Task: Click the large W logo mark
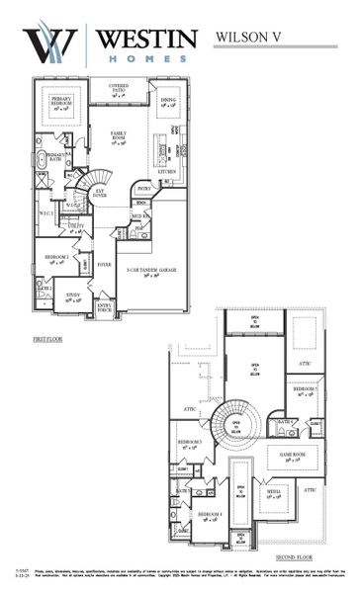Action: [x=50, y=44]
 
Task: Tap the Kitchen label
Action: [x=166, y=171]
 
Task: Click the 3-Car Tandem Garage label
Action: [x=145, y=269]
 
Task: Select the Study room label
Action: [x=72, y=297]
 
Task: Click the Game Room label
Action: [x=292, y=457]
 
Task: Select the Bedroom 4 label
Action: [x=209, y=516]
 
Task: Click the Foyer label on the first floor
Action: [x=103, y=265]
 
